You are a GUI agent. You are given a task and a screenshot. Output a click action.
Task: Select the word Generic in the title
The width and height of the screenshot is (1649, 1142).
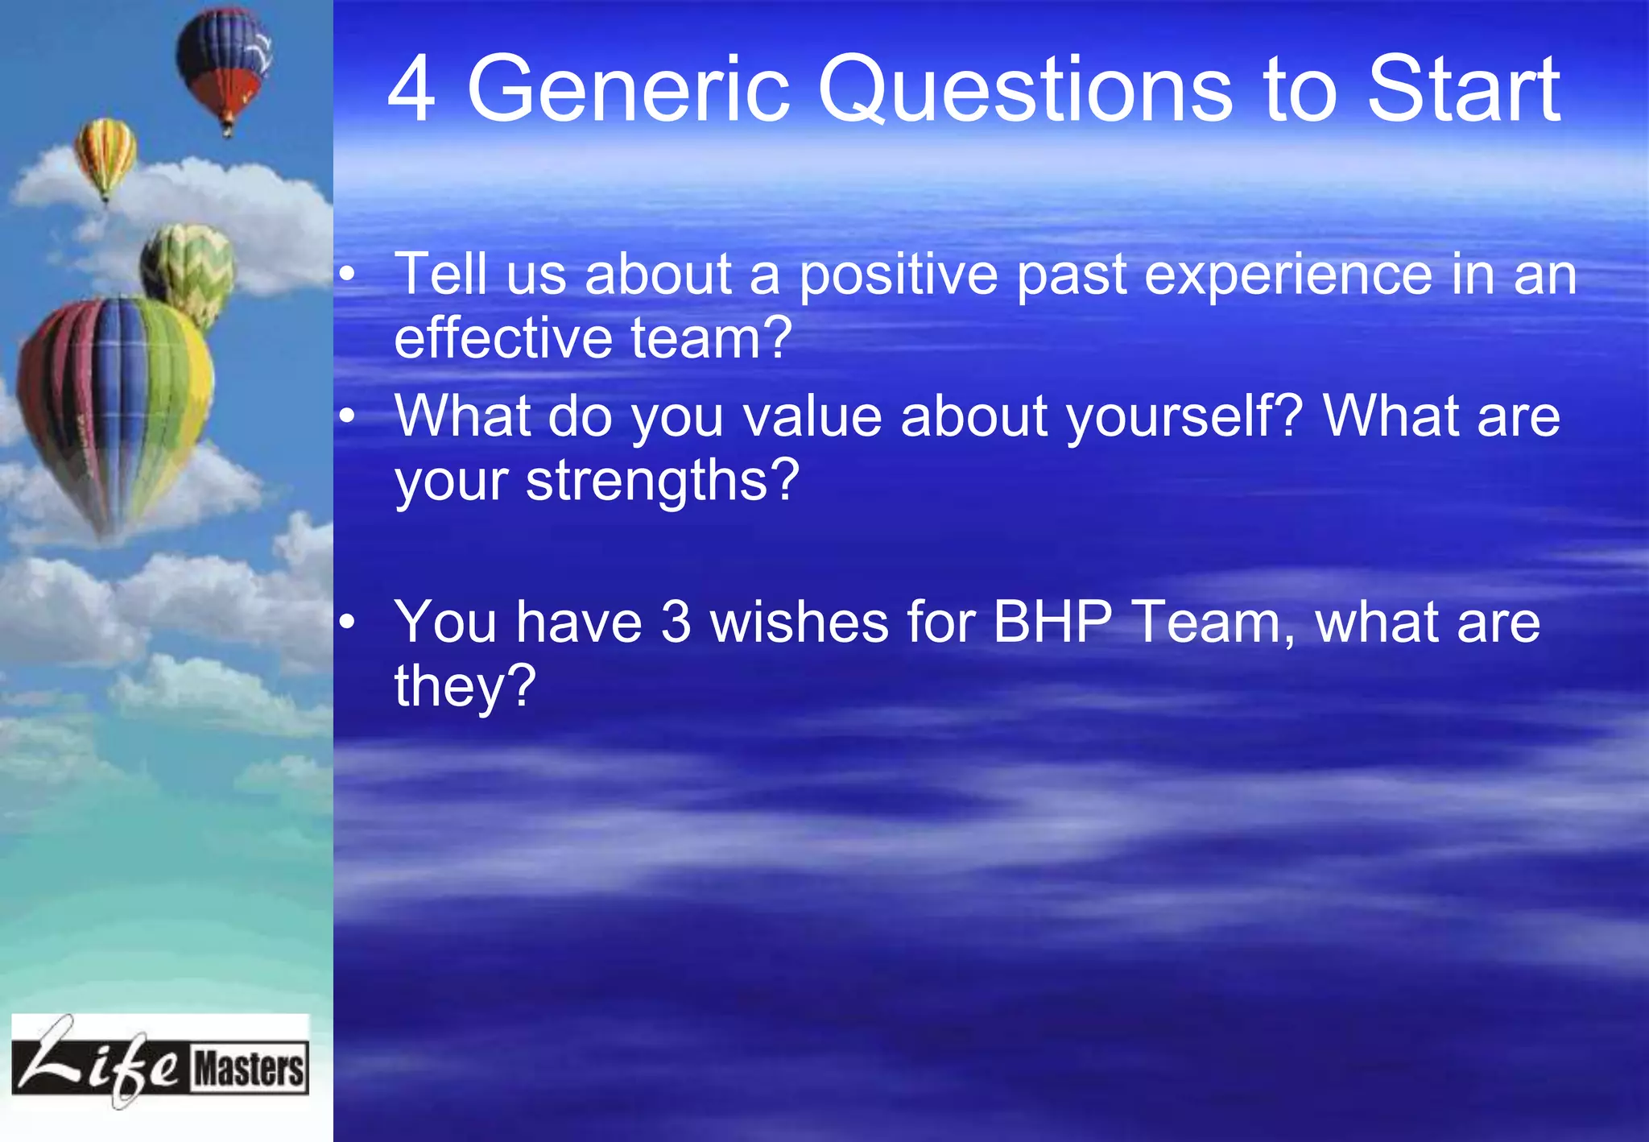(x=628, y=90)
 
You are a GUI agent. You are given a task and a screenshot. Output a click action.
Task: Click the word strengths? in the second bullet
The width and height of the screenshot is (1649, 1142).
(x=662, y=482)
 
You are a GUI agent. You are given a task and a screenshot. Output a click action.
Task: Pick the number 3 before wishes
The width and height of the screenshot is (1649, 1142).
(x=676, y=623)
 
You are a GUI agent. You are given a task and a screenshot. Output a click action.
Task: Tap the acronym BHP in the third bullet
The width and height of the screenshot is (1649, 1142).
(x=1052, y=623)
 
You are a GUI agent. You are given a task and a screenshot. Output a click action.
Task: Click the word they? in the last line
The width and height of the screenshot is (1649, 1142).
(x=465, y=686)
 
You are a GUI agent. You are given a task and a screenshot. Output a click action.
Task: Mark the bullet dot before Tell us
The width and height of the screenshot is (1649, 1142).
(x=346, y=276)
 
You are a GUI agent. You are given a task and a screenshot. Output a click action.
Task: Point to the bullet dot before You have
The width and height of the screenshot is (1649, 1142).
(x=346, y=623)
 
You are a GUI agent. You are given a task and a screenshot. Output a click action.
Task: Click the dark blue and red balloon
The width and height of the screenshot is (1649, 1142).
(x=224, y=64)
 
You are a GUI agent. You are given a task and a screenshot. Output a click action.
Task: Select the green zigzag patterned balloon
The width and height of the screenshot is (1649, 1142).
(x=188, y=270)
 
